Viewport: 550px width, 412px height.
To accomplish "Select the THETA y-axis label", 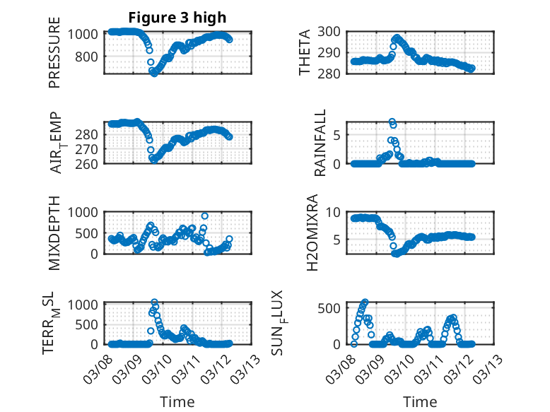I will (x=305, y=52).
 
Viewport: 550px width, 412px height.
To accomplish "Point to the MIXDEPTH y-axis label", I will (x=55, y=233).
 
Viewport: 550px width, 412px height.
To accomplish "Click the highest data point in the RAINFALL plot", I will (x=392, y=122).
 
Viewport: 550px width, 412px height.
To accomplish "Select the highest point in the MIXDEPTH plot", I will (x=205, y=216).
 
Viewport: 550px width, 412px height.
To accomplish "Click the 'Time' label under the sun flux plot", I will (x=420, y=402).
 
